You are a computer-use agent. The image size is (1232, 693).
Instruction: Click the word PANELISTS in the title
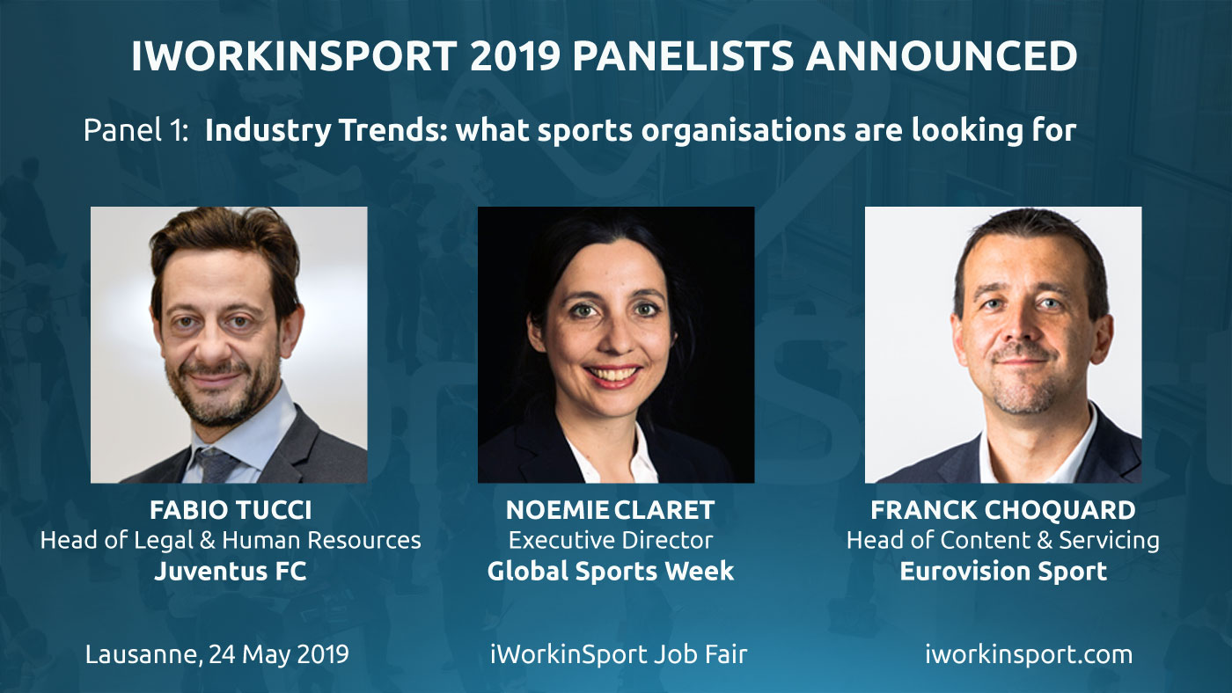click(x=684, y=55)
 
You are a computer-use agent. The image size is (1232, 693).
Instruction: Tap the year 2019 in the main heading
click(x=515, y=55)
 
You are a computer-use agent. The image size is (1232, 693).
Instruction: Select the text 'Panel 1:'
click(x=136, y=131)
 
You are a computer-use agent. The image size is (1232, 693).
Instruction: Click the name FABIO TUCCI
click(x=231, y=510)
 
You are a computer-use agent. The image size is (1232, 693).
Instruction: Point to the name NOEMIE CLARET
click(x=610, y=510)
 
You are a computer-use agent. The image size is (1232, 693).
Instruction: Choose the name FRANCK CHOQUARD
click(x=1002, y=510)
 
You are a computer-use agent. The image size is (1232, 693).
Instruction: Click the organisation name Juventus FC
click(x=230, y=571)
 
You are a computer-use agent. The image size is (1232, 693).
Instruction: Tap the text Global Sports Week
click(x=611, y=571)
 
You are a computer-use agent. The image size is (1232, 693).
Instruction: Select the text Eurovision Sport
click(x=1003, y=571)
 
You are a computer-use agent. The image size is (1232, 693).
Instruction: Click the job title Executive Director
click(x=611, y=540)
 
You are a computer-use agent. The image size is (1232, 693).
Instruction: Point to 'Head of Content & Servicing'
click(x=1002, y=540)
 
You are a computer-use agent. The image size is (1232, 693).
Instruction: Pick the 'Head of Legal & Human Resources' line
click(x=231, y=540)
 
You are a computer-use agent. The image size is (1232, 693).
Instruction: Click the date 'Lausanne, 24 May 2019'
click(x=216, y=654)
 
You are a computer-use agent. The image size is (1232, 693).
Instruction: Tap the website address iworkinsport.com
click(x=1029, y=654)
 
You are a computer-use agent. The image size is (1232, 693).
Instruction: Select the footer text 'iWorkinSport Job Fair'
click(x=619, y=654)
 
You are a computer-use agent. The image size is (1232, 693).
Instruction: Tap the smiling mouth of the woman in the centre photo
click(x=612, y=376)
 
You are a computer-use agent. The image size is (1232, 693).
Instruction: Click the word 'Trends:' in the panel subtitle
click(x=393, y=131)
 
